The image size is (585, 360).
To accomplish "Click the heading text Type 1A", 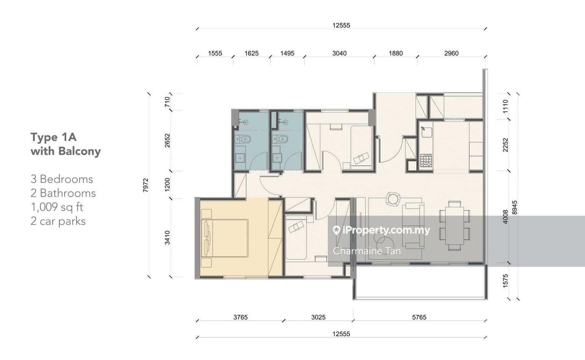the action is [54, 137].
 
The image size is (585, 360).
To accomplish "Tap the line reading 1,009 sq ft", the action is [57, 207].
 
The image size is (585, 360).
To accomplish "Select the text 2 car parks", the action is [58, 221].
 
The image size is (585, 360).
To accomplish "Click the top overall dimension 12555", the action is [341, 25].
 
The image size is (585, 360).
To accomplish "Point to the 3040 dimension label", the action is [339, 53].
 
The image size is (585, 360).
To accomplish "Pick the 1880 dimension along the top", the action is [396, 53].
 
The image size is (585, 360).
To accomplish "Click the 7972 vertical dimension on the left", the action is [146, 185].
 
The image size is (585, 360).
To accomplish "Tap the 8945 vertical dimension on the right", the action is [514, 208].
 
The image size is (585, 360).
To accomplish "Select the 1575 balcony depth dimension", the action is [505, 281].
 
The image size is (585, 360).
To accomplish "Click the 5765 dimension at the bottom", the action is [419, 317].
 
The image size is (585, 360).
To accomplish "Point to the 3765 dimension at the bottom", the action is [240, 317].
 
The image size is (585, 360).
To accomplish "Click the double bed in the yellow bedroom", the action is [224, 238].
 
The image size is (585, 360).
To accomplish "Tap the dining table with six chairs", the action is [455, 226].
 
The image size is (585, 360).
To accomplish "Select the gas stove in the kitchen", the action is [426, 160].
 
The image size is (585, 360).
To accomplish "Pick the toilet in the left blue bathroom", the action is [243, 139].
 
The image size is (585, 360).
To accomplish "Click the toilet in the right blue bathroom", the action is [280, 139].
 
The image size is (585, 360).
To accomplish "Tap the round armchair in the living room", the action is [393, 199].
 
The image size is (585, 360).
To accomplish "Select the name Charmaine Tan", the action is [367, 251].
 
